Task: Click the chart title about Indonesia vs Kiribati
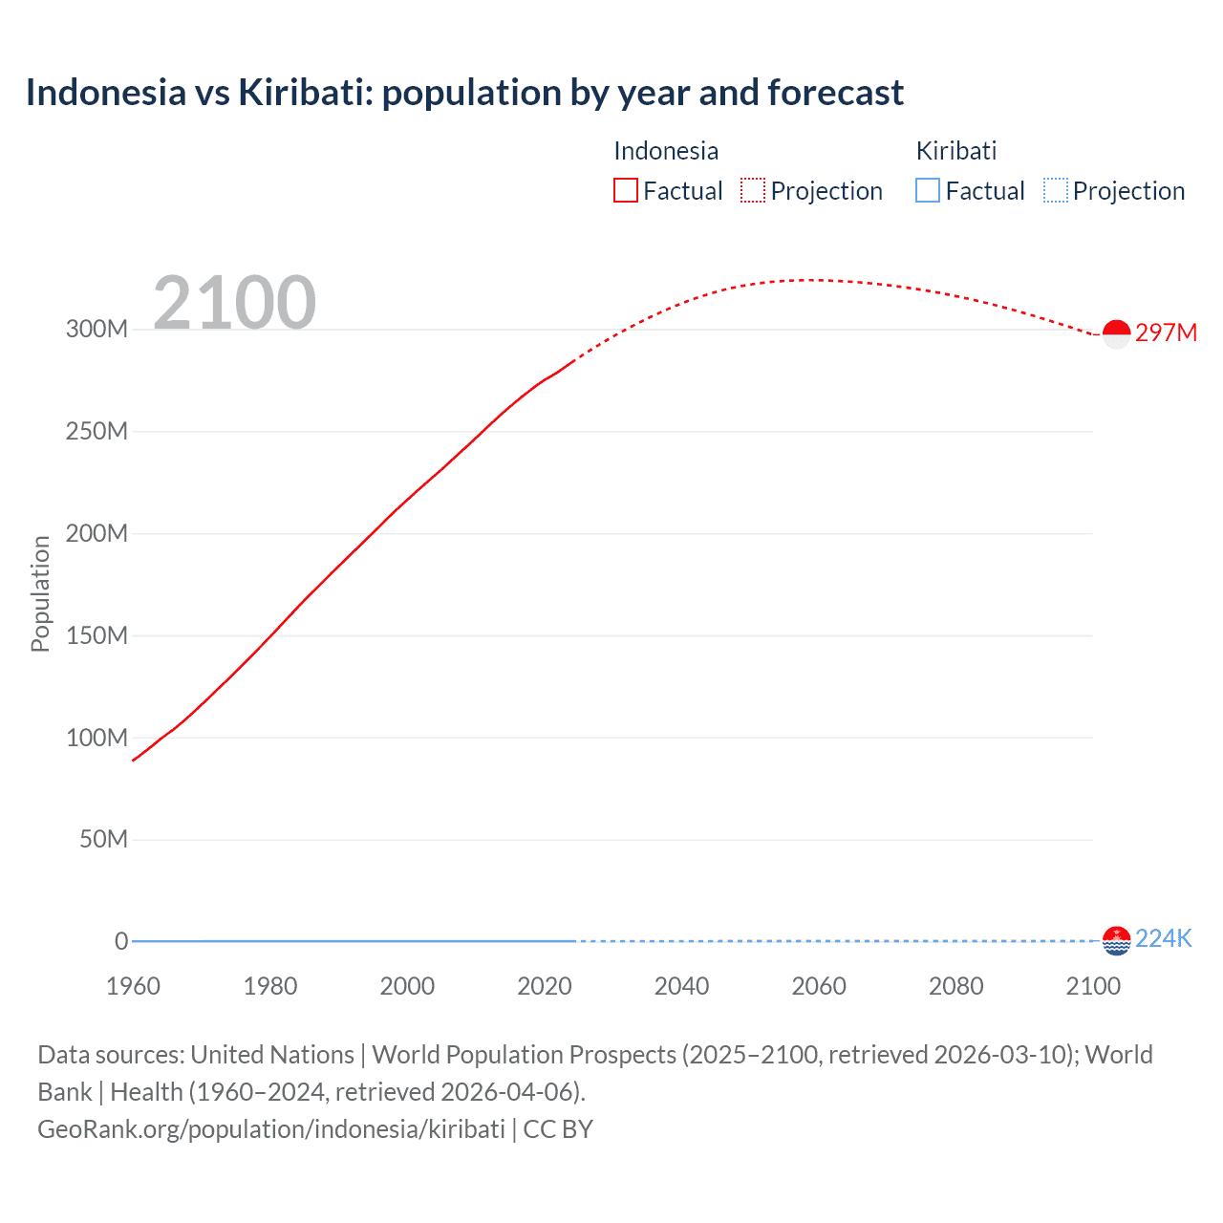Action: point(464,93)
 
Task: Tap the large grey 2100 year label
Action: point(234,303)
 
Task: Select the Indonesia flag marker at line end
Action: point(1116,333)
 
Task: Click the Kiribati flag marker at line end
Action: point(1116,940)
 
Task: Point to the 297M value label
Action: point(1166,333)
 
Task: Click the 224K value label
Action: point(1164,938)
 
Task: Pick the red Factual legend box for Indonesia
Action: point(626,191)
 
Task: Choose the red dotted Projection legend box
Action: point(753,191)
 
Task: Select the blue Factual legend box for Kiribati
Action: point(928,191)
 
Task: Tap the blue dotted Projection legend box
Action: point(1056,191)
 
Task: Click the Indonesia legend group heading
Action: point(666,151)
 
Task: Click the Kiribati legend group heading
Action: point(956,151)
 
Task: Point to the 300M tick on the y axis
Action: point(97,330)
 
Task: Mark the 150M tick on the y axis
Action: point(97,635)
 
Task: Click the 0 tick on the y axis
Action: point(121,941)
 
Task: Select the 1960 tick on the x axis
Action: point(133,986)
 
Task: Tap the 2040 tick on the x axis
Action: point(681,986)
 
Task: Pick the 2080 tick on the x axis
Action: point(955,986)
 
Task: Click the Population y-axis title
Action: point(40,593)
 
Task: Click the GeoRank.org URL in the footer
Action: point(271,1129)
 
